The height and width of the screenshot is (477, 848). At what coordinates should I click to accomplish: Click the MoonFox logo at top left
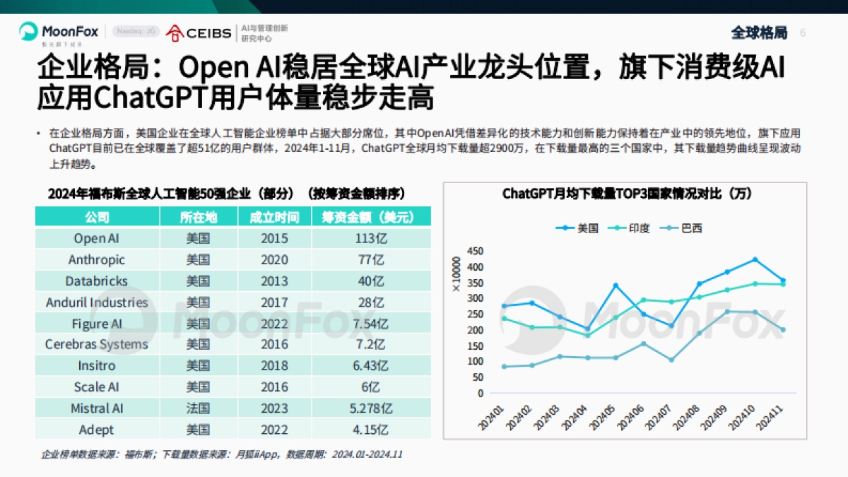pos(59,32)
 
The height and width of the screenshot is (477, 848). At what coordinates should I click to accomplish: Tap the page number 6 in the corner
pos(802,33)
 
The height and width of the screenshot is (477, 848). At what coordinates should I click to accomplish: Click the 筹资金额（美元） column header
pos(370,217)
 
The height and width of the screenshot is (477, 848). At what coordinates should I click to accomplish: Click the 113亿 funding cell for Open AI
pos(370,238)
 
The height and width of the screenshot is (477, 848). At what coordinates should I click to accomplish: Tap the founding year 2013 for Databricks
pos(274,281)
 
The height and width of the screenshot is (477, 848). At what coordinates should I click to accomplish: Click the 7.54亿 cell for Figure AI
pos(370,323)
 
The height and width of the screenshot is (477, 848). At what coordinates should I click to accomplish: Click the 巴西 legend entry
pos(681,228)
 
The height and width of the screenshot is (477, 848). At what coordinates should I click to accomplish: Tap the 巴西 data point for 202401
pos(504,366)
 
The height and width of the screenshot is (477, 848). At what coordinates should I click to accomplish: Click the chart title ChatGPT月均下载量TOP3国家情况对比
pos(627,193)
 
